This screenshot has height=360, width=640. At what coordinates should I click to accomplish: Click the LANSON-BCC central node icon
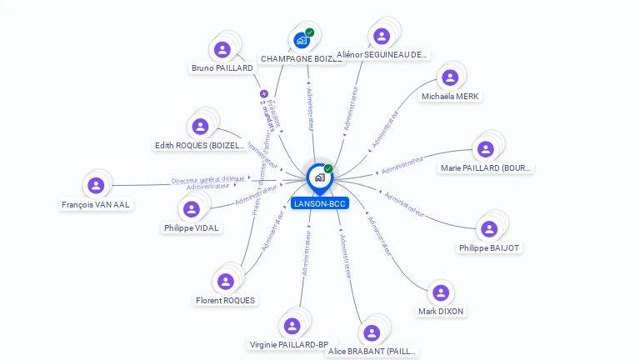click(x=319, y=177)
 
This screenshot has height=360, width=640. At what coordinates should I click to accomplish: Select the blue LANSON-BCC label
click(x=320, y=203)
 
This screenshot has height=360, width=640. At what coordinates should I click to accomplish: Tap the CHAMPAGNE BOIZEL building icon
click(x=302, y=40)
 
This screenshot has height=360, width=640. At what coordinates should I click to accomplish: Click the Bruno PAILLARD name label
click(x=222, y=68)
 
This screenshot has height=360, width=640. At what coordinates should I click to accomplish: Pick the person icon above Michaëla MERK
click(x=450, y=77)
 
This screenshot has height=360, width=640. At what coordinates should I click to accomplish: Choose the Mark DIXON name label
click(x=441, y=312)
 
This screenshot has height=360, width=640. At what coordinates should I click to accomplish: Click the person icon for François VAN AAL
click(x=96, y=185)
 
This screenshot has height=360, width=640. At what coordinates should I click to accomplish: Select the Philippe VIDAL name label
click(x=192, y=227)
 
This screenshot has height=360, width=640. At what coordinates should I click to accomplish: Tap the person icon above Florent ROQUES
click(x=225, y=281)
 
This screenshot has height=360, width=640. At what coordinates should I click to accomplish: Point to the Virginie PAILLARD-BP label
click(x=289, y=344)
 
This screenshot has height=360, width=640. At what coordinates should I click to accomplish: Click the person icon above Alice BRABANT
click(x=372, y=332)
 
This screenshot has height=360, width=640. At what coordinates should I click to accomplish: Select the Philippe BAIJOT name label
click(x=489, y=247)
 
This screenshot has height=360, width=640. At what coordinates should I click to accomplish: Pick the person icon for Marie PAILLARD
click(x=486, y=148)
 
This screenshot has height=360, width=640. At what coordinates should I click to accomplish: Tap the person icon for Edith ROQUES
click(x=200, y=126)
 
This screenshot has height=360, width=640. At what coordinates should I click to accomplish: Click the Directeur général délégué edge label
click(x=208, y=179)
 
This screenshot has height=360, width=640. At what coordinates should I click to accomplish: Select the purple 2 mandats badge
click(x=264, y=94)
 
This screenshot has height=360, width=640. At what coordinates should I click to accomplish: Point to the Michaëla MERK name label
click(x=450, y=97)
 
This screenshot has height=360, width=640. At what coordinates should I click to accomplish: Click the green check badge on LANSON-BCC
click(x=328, y=168)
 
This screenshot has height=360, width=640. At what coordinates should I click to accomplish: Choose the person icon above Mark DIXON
click(x=441, y=292)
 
